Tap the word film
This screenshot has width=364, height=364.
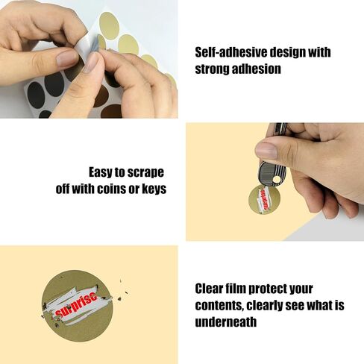[x=235, y=289]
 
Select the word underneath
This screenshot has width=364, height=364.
[x=225, y=321]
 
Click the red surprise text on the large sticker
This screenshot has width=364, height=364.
[x=77, y=304]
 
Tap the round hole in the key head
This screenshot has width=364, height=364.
[x=275, y=179]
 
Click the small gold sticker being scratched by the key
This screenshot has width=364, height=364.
[x=264, y=200]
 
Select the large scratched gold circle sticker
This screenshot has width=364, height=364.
[x=77, y=306]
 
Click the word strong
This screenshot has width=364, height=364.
[x=212, y=69]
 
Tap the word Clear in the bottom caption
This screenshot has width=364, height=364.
[x=208, y=289]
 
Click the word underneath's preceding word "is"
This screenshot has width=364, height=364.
[x=339, y=305]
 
